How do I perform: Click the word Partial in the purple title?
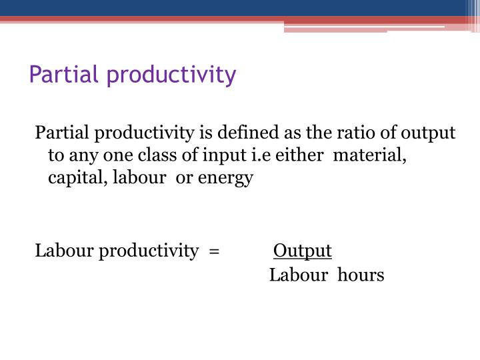point(59,75)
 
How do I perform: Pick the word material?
point(369,155)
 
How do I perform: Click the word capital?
point(73,179)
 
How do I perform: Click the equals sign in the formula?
point(213,251)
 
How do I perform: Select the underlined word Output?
point(303,251)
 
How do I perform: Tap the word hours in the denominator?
point(361,275)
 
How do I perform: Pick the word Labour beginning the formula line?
point(65,251)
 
